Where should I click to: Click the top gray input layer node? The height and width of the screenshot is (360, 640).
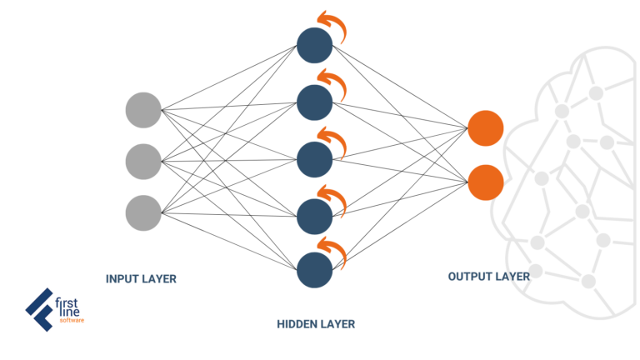[x=143, y=109]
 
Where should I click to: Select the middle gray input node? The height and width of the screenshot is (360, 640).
[x=143, y=161]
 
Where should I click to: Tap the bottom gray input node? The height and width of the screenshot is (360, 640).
[x=143, y=212]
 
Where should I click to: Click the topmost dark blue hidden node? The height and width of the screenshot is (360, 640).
[x=315, y=46]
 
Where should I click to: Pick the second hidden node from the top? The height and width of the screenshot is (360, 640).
[x=315, y=102]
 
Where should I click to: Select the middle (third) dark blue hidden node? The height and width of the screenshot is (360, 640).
[x=315, y=158]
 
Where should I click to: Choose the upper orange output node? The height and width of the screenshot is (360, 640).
[x=485, y=128]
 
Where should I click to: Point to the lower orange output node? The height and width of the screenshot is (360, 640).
[x=485, y=182]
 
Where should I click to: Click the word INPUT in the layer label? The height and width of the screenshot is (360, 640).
[x=123, y=279]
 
